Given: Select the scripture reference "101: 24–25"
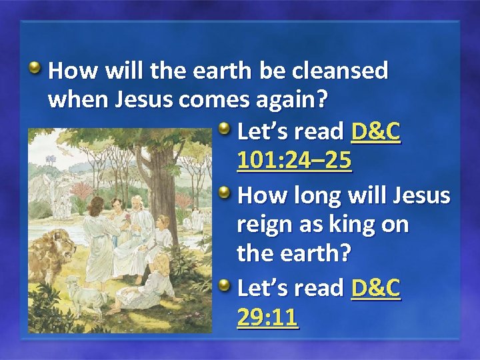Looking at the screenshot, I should [294, 161].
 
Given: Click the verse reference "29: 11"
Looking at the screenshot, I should [267, 317].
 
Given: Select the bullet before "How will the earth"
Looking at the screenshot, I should [36, 67].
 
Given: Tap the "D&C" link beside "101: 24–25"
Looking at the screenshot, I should [375, 132].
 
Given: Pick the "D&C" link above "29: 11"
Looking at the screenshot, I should [375, 288].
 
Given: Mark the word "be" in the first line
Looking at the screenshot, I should [261, 71].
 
